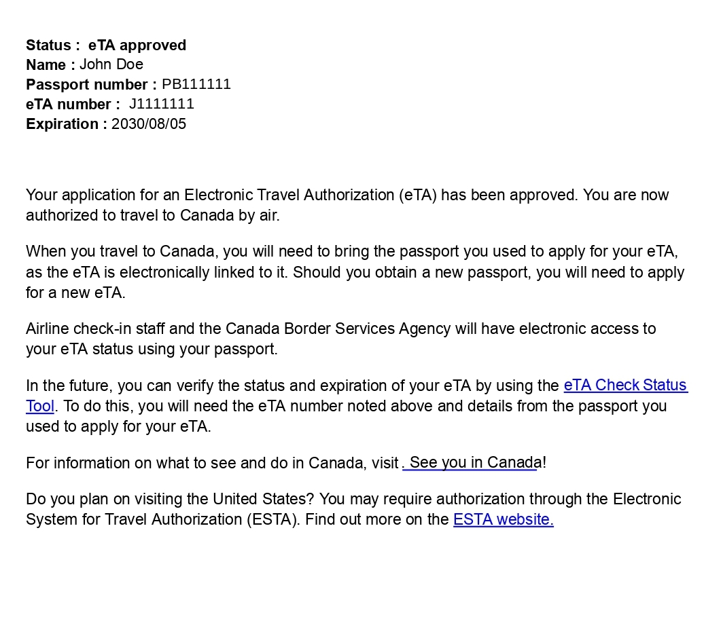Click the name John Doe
click(x=111, y=64)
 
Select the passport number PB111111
click(x=196, y=84)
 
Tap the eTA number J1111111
click(x=162, y=104)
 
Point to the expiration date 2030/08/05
click(x=149, y=124)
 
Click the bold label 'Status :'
click(x=53, y=45)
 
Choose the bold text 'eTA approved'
click(x=137, y=45)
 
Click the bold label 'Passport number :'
click(x=91, y=85)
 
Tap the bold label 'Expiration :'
click(x=67, y=124)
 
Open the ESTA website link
click(x=504, y=520)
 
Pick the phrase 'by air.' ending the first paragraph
click(x=259, y=216)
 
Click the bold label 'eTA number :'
click(x=73, y=105)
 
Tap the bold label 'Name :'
click(x=50, y=65)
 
